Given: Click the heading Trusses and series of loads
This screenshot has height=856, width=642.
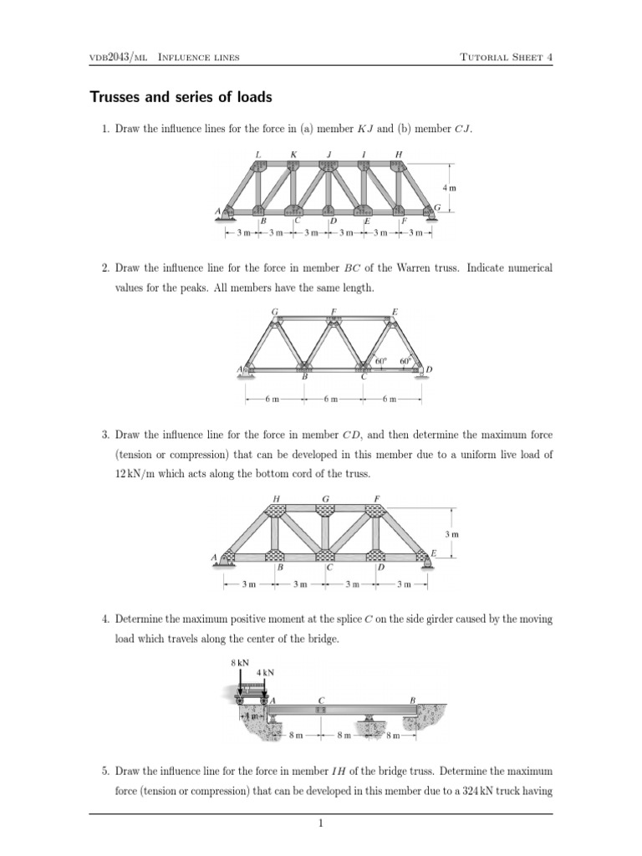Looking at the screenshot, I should (181, 98).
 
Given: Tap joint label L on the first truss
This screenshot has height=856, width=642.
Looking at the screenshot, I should (259, 154).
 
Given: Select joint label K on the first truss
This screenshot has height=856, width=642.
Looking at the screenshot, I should (293, 154).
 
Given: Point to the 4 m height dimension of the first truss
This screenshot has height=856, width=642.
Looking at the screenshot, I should (449, 188).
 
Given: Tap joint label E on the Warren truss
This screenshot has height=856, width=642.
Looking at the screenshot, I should (395, 312).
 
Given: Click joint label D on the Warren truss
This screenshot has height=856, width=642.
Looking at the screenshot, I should (429, 369).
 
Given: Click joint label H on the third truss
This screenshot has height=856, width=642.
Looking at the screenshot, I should (277, 500).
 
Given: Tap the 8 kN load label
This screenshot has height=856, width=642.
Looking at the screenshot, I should (239, 662).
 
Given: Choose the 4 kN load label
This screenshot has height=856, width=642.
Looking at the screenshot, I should (265, 672).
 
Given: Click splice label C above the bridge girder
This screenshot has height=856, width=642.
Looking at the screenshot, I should (322, 699).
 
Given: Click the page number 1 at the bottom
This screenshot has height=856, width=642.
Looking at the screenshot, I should (321, 823).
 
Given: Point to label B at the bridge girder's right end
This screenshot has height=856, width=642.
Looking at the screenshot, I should (412, 699).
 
